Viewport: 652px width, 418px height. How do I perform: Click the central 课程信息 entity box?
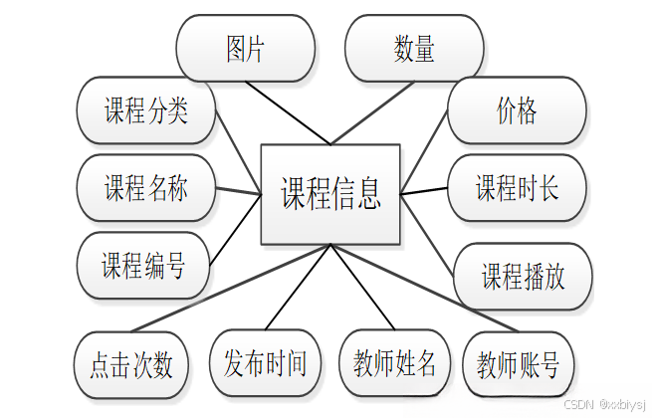coord(330,194)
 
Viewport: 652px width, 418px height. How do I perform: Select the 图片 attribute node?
coord(245,49)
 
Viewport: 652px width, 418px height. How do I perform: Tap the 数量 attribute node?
coord(414,49)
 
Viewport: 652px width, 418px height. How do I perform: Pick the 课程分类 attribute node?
coord(146,110)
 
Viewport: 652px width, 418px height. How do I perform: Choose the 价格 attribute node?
coord(517,110)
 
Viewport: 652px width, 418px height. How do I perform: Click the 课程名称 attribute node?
coord(146,187)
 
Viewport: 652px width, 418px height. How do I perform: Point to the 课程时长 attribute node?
coord(517,187)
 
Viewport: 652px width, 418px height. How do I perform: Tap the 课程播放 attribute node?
coord(524,277)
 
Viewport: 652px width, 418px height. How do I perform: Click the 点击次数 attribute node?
coord(131,364)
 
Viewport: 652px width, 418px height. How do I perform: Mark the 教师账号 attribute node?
coord(519,364)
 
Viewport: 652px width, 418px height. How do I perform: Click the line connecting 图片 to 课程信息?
coord(289,112)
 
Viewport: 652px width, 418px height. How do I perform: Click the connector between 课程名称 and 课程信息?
coord(238,190)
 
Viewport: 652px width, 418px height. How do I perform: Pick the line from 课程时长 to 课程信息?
coord(424,189)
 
